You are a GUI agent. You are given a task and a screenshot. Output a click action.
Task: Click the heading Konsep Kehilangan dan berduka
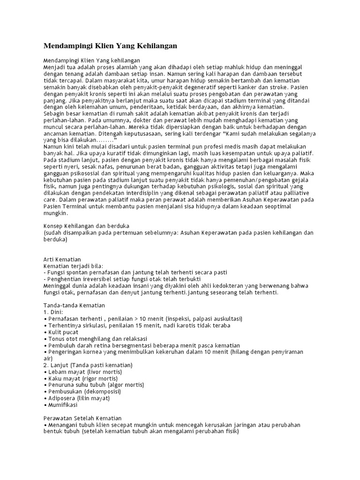86,226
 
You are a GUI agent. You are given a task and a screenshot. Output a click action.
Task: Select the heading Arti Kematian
62,259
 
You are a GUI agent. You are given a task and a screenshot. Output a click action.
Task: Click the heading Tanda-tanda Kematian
74,306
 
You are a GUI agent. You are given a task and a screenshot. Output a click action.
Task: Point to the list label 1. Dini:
53,312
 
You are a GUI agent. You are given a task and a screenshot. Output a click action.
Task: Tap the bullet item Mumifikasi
62,405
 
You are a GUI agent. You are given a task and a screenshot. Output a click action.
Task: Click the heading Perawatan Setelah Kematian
82,418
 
